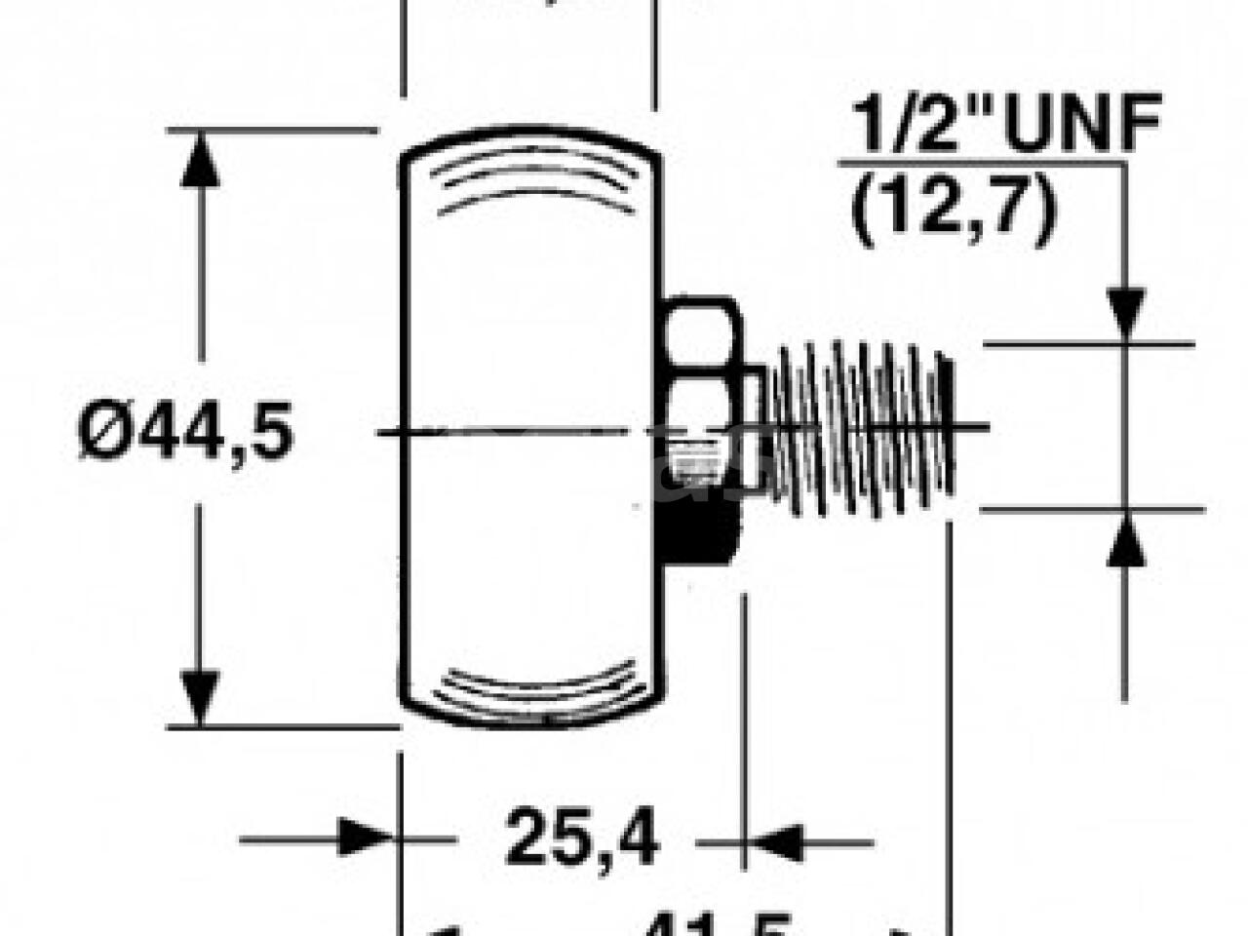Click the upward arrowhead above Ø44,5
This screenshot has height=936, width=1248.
pos(202,156)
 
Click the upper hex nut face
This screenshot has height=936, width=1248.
pos(700,336)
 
